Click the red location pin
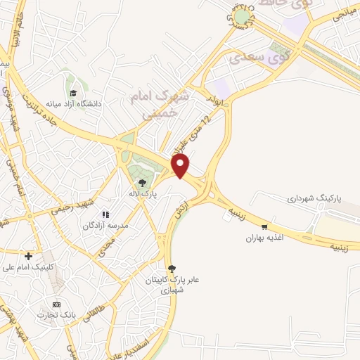pos(182,167)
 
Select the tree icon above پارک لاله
pos(143,183)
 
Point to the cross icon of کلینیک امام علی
pos(28,256)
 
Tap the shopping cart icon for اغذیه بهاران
pos(264,226)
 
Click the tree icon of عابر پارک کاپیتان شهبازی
pos(172,267)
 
